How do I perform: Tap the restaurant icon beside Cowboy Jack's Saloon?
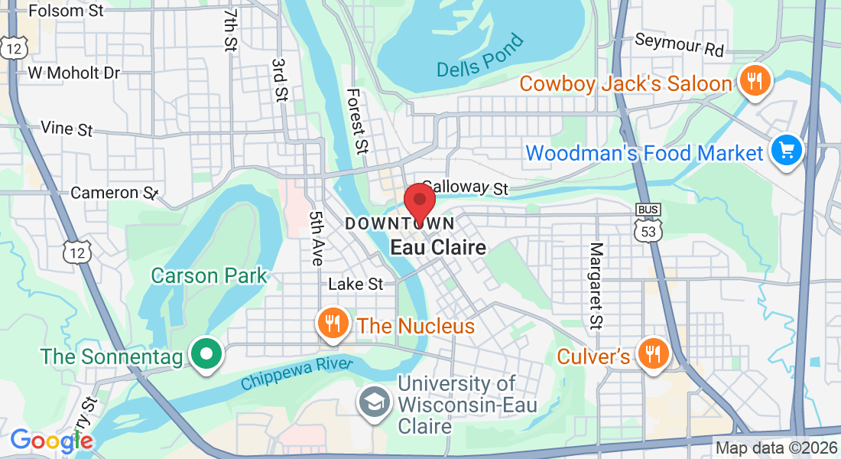[755, 80]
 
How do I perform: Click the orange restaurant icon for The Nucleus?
[333, 324]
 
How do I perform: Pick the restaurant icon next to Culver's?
[652, 353]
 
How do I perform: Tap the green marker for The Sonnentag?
[206, 354]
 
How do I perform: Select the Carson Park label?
[209, 275]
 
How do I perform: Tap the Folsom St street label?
[67, 11]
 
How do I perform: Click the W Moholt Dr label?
[74, 73]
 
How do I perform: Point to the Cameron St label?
[114, 193]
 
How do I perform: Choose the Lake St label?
[356, 284]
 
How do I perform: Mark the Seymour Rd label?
[679, 44]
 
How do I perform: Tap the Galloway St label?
[466, 187]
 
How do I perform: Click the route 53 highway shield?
[648, 227]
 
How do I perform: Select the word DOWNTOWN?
[401, 223]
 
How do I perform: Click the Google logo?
[51, 441]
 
